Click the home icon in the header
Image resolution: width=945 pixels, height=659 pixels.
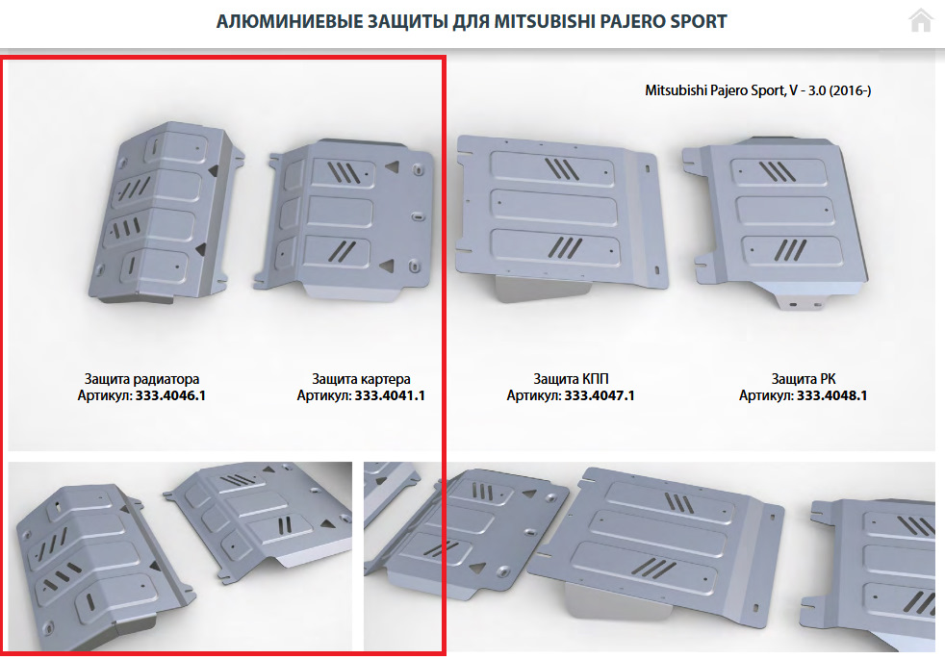point(920,20)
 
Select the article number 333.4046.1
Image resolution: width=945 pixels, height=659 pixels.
point(170,395)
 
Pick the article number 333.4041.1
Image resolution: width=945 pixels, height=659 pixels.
point(390,395)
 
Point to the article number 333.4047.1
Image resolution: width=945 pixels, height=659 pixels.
point(600,395)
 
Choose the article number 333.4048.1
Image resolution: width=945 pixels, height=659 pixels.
point(832,395)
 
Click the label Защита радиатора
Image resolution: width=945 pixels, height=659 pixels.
point(141,379)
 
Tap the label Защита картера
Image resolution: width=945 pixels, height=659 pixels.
point(361,379)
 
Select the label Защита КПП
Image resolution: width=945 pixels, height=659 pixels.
point(571,379)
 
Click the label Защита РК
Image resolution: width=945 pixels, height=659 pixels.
point(804,379)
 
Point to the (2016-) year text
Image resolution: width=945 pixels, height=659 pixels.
point(851,90)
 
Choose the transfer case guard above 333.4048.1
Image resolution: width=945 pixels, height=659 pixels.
point(778,220)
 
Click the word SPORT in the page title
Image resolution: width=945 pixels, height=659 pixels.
point(697,22)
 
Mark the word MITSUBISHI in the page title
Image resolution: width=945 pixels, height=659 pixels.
point(545,22)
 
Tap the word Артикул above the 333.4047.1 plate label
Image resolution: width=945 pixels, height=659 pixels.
point(533,395)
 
